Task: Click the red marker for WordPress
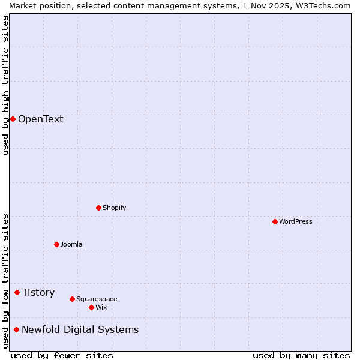point(275,221)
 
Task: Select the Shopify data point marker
point(98,208)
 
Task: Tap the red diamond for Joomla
point(56,244)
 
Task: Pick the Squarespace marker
point(72,299)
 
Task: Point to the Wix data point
point(91,307)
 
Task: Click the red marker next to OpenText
point(13,119)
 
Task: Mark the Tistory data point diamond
point(17,292)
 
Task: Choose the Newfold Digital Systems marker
point(16,329)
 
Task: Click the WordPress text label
point(296,221)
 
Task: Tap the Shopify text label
point(114,208)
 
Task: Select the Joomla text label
point(71,244)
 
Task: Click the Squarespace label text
point(97,299)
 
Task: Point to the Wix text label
point(101,307)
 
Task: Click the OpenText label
point(40,119)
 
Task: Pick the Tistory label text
point(38,292)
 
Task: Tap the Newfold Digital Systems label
point(80,329)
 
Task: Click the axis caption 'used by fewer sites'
point(62,355)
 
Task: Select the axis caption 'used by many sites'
point(301,355)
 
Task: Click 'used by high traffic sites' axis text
point(5,86)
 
